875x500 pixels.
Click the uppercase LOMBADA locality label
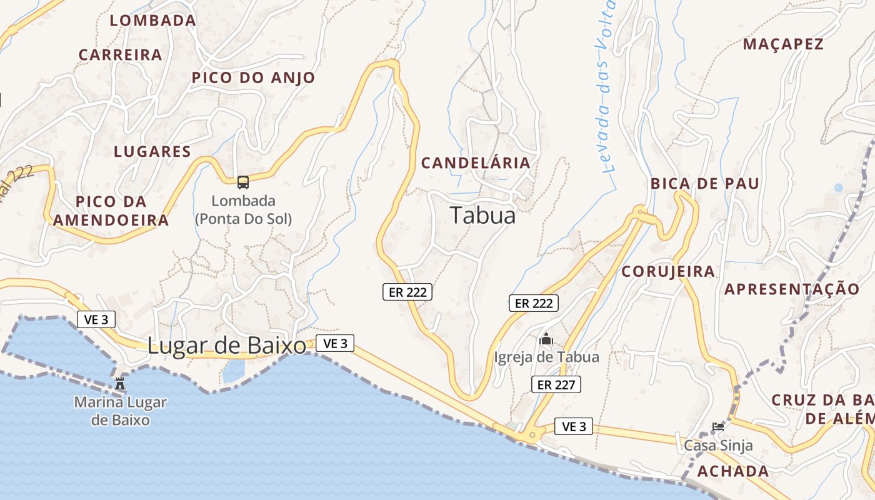click(153, 20)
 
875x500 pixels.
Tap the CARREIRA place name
click(121, 54)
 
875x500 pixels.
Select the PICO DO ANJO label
click(253, 77)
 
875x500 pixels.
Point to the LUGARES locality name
click(152, 151)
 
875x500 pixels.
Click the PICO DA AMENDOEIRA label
click(111, 211)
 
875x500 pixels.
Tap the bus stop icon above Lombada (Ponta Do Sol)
click(243, 182)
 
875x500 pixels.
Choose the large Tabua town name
click(483, 215)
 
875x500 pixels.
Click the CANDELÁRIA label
click(476, 163)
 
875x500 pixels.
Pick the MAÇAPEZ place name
click(783, 44)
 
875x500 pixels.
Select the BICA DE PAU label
click(705, 183)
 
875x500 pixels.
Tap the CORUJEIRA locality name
click(668, 271)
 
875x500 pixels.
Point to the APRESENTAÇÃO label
click(792, 289)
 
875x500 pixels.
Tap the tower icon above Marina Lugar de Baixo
click(121, 383)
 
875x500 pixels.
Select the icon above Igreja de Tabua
click(546, 339)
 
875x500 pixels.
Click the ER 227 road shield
click(556, 384)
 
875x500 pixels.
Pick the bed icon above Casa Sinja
click(718, 427)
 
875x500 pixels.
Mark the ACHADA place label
click(733, 471)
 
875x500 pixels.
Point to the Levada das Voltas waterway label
click(606, 87)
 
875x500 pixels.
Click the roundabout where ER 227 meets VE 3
click(532, 434)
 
